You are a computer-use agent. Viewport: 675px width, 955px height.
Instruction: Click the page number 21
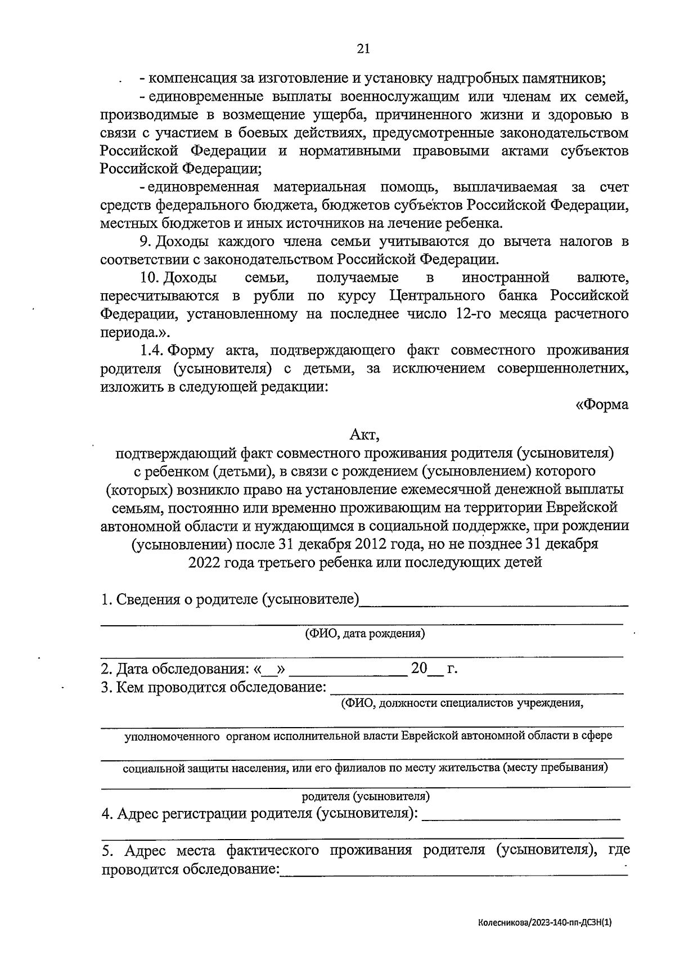coord(363,49)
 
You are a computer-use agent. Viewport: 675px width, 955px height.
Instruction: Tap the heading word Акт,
coord(365,434)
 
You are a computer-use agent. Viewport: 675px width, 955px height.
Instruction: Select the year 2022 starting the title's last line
coord(206,562)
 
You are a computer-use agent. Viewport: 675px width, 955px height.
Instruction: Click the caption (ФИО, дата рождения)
coord(365,634)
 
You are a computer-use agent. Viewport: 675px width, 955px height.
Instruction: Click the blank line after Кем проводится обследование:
coord(477,689)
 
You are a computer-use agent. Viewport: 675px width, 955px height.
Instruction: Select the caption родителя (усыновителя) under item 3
coord(366,796)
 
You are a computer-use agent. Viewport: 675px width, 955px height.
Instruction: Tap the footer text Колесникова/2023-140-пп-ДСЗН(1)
coord(544,922)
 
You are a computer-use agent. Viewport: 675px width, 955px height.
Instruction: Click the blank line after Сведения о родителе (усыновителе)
coord(493,603)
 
